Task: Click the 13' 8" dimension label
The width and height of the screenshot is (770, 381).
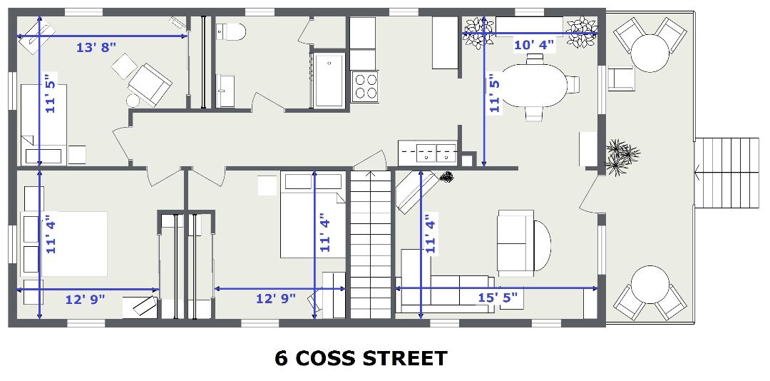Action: [96, 47]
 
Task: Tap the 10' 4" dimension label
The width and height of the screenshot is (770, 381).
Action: [534, 45]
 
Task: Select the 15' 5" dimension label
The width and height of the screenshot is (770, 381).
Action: [498, 297]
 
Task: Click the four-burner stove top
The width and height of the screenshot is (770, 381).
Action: [365, 86]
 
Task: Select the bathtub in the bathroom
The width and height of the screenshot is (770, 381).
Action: [329, 80]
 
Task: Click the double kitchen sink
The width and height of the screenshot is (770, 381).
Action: [436, 153]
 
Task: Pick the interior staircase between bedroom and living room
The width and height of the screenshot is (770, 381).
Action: [370, 244]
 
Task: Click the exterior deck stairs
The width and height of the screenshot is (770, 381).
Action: [727, 173]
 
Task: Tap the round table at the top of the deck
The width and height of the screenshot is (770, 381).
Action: [650, 53]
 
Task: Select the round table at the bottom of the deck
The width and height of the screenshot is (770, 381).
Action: [650, 285]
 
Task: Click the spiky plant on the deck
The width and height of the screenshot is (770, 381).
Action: [621, 156]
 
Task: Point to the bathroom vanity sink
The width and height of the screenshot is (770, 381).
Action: [225, 91]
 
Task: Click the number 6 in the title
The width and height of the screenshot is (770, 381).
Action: [281, 358]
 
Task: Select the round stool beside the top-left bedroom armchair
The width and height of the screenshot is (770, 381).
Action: [133, 101]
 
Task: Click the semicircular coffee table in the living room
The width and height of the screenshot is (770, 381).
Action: [542, 245]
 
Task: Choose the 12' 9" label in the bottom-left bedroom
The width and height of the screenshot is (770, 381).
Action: [86, 299]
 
